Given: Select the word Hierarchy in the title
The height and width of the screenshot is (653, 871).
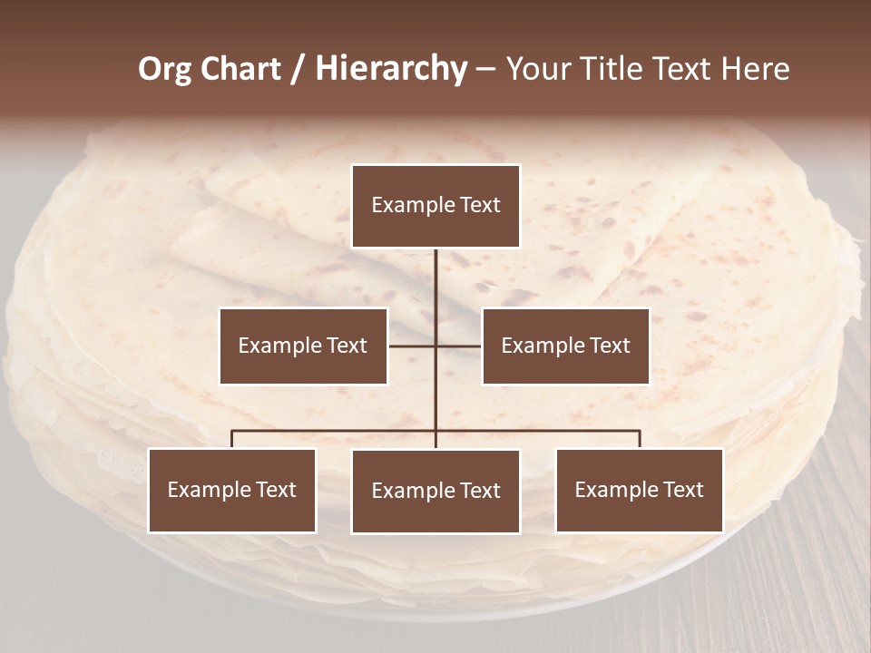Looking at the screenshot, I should (x=391, y=69).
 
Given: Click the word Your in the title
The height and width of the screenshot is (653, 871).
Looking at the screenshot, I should (x=536, y=69).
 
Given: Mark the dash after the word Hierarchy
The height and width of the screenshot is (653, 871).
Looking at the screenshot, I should (x=485, y=69).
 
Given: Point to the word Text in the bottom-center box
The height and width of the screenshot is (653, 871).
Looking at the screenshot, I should (x=478, y=491).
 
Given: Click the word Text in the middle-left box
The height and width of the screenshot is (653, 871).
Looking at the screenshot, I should (x=346, y=346).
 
